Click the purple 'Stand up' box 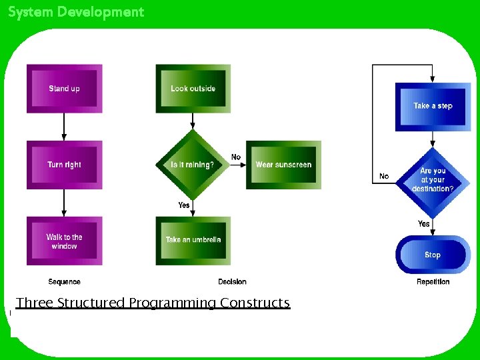point(64,89)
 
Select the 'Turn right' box point(64,165)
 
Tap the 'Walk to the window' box point(64,241)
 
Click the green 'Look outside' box point(193,89)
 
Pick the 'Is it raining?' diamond point(193,165)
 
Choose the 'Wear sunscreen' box point(283,165)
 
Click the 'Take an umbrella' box point(193,240)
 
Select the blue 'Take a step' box point(433,106)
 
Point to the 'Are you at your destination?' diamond point(433,180)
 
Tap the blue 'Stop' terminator point(433,255)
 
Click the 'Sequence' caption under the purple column point(64,282)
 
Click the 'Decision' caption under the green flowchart point(232,282)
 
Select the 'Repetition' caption point(433,282)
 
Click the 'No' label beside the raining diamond point(236,157)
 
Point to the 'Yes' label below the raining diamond point(184,205)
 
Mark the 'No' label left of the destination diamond point(384,177)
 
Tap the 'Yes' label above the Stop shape point(424,224)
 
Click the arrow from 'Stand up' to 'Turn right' point(64,127)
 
